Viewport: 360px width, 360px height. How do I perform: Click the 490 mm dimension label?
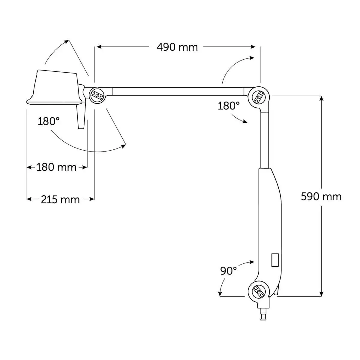coord(177,47)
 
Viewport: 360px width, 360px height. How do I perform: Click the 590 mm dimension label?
coord(321,197)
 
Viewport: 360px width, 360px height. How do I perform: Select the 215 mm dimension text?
coord(60,199)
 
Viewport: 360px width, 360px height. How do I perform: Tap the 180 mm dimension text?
coord(56,167)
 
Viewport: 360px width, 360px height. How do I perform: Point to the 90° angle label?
coord(228,271)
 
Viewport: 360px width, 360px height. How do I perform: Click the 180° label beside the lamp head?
coord(49,121)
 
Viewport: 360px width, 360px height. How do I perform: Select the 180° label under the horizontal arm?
coord(229,106)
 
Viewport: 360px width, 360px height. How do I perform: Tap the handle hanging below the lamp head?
coord(81,116)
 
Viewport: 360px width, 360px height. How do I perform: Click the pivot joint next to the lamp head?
coord(97,95)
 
